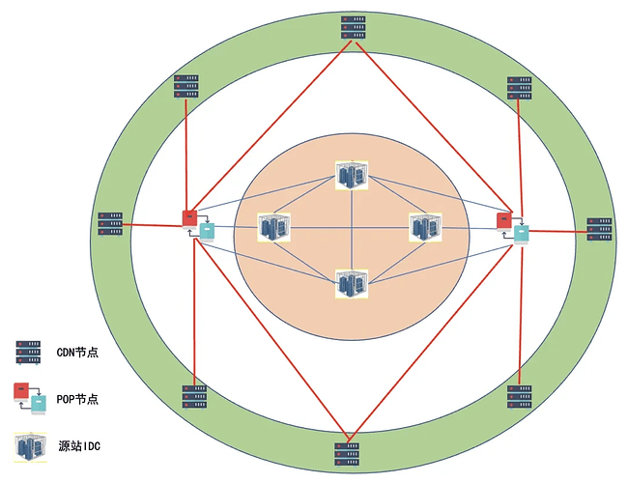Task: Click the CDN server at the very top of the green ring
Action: tap(354, 28)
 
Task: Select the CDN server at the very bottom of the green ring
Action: tap(347, 455)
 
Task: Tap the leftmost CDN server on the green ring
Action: tap(110, 224)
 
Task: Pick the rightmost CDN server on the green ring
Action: tap(599, 230)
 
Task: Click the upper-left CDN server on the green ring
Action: tap(186, 87)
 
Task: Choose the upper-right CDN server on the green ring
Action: tap(520, 88)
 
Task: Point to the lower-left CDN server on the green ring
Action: tap(195, 397)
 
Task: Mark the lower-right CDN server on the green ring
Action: tap(520, 397)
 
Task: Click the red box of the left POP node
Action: tap(189, 219)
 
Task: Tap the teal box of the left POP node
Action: tap(207, 232)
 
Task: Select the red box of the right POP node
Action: tap(504, 222)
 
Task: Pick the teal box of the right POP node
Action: tap(522, 235)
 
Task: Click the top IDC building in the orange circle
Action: tap(352, 175)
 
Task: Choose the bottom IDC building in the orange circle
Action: tap(352, 284)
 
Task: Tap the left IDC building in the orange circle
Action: tap(274, 228)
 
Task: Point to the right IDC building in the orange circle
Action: tap(425, 228)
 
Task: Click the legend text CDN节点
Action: tap(77, 353)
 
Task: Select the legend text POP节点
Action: tap(77, 399)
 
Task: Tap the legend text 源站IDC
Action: tap(79, 446)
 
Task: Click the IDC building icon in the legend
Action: tap(30, 447)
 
